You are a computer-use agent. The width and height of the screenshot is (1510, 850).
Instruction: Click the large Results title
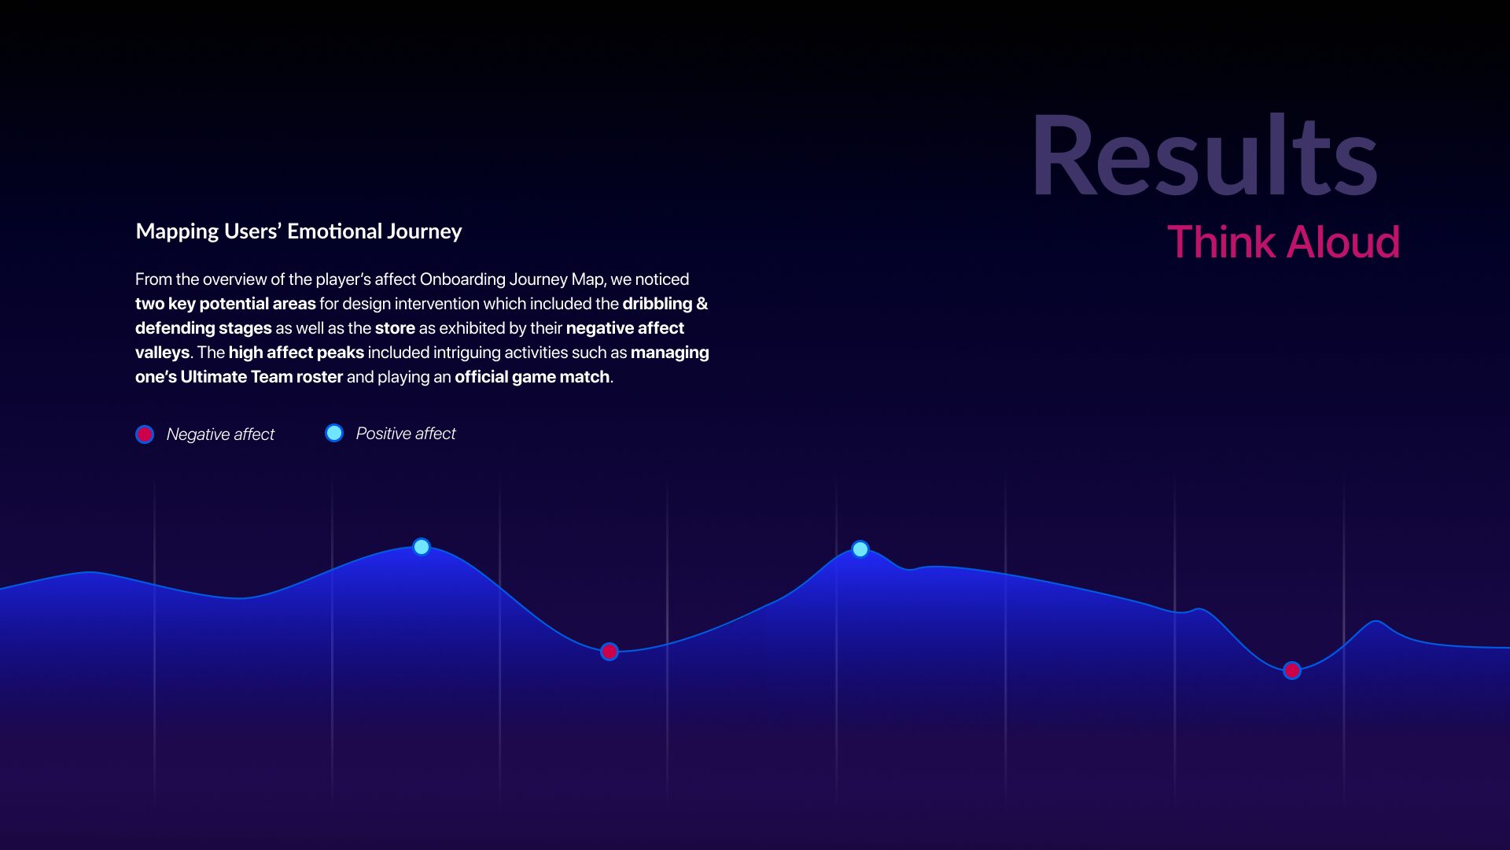1204,155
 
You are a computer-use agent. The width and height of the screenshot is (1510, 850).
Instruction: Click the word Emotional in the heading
323,231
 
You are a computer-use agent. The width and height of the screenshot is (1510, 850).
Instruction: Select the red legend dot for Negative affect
145,434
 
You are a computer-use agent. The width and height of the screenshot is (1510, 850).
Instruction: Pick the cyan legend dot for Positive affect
334,433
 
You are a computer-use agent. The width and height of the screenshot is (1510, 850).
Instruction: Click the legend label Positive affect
406,434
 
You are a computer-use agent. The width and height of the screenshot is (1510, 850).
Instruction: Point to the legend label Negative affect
220,434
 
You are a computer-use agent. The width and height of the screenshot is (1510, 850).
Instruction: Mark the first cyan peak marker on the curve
422,547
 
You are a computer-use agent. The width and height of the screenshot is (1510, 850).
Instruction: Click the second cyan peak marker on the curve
860,549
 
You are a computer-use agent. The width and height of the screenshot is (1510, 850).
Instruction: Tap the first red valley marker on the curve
610,652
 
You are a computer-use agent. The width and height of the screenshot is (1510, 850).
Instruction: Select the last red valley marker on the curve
1292,671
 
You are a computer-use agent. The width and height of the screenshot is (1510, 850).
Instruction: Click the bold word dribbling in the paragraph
657,304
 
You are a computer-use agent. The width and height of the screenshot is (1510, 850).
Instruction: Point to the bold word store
395,328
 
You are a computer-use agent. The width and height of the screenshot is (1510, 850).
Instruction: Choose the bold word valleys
162,353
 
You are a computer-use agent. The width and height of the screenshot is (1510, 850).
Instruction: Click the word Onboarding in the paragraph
462,279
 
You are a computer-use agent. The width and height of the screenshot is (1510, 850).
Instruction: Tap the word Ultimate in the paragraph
213,377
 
